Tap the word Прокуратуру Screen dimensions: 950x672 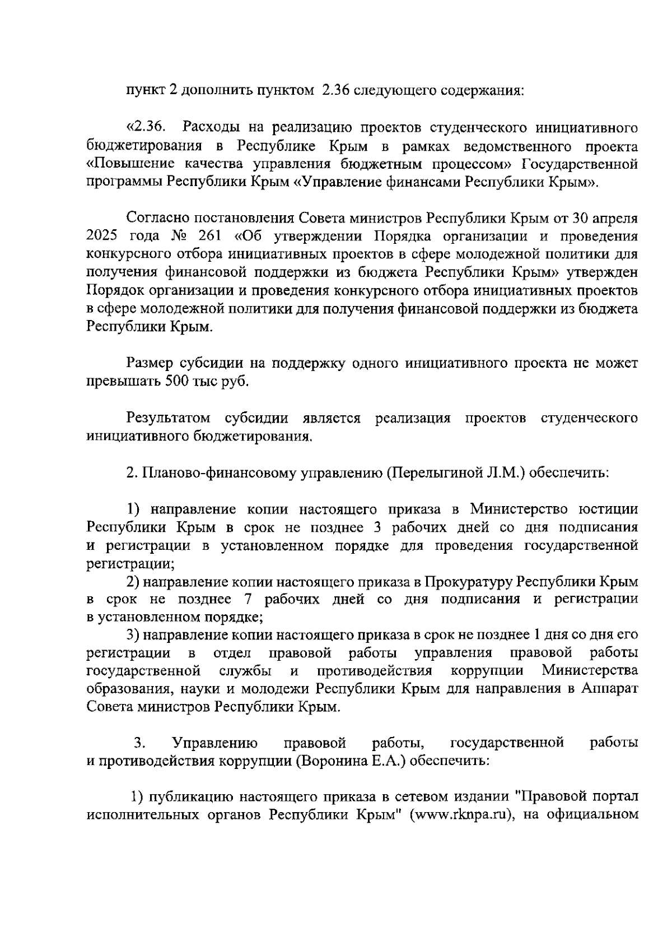coord(467,581)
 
